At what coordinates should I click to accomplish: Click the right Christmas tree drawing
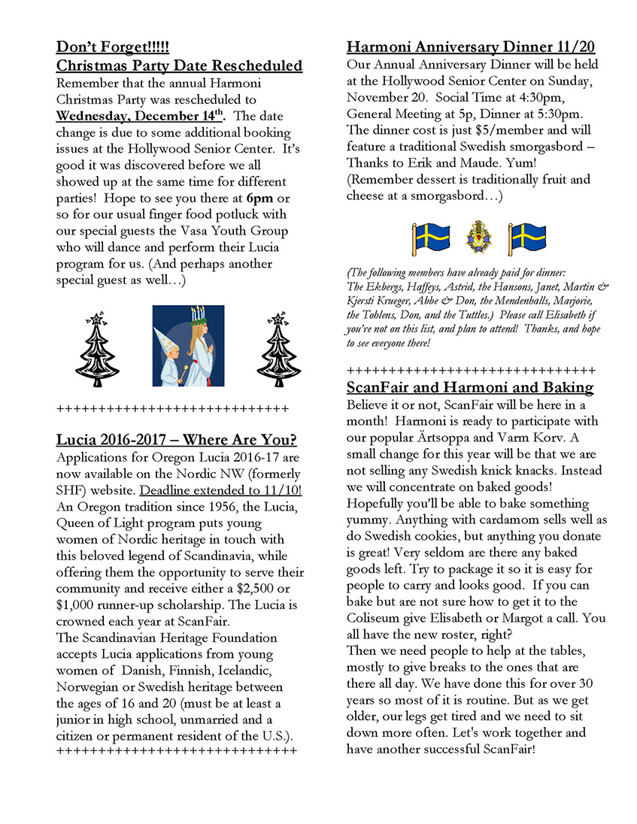[278, 346]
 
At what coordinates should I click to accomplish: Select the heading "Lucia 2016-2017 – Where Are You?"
[177, 440]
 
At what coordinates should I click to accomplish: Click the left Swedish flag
[431, 238]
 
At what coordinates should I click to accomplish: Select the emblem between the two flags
[479, 238]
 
